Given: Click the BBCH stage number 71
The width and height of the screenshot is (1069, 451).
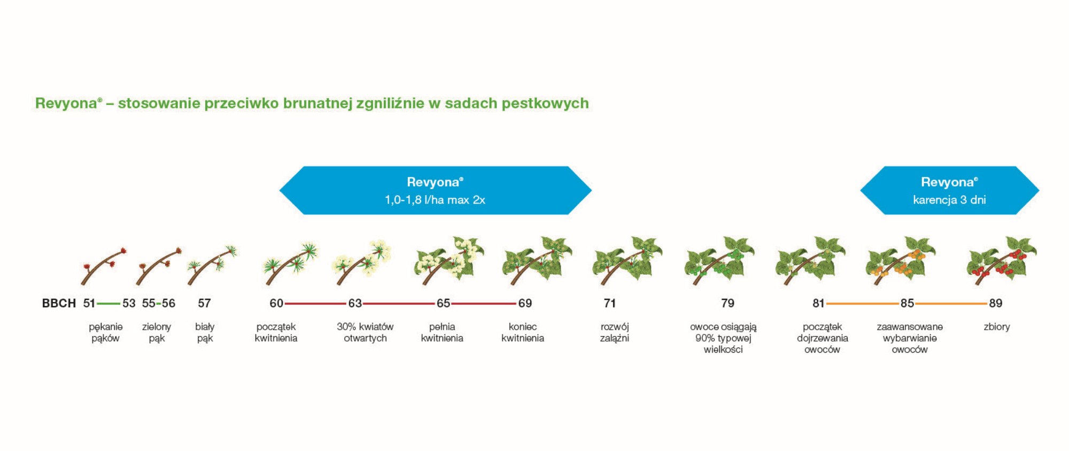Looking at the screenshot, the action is (610, 303).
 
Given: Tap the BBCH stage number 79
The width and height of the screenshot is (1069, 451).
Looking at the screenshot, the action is (727, 303).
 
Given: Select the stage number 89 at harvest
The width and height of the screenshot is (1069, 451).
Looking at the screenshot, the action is (995, 303).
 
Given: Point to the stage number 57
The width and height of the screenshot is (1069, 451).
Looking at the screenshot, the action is (204, 303).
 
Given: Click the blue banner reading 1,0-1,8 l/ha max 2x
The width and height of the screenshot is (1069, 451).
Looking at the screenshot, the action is (435, 190).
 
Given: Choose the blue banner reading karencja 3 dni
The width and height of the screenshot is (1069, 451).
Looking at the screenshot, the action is (949, 190).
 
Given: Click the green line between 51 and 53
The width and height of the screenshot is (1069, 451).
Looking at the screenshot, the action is (109, 304).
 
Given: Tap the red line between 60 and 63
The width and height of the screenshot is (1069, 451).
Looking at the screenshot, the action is (315, 304).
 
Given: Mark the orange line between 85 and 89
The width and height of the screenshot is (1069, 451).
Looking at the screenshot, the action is (951, 304).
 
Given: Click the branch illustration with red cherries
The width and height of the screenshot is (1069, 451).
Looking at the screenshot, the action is (1001, 261).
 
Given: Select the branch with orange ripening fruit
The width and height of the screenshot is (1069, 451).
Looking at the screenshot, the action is (901, 261).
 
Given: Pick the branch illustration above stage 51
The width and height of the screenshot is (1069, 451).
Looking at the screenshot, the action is (104, 266).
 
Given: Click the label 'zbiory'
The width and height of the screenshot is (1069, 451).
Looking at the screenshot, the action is (997, 326).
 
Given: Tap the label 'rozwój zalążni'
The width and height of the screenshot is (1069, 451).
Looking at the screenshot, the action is (615, 332).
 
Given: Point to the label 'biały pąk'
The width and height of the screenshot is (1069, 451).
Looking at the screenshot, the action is (205, 332).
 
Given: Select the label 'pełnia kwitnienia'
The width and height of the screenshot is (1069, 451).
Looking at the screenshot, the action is (442, 332).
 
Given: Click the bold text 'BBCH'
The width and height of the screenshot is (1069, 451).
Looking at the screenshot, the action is (59, 303).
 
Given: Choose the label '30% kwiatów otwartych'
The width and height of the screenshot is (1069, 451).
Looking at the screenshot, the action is (365, 332).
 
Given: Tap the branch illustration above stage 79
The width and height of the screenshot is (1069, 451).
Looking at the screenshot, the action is (719, 261).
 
